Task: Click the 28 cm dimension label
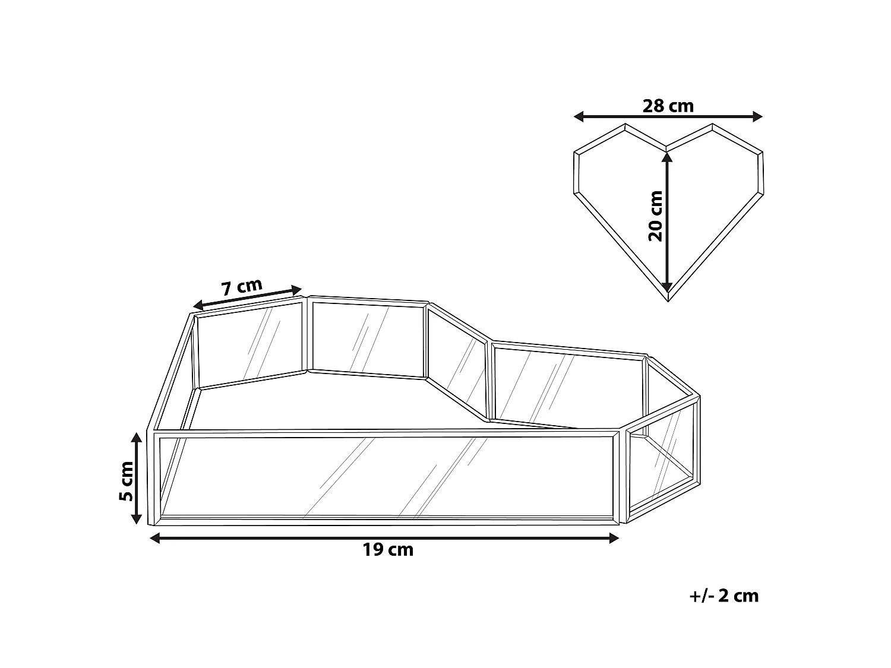pos(668,106)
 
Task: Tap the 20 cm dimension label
pos(655,216)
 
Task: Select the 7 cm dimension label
pos(242,287)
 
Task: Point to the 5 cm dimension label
pos(127,481)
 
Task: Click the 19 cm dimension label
pos(388,550)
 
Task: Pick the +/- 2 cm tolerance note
pos(723,596)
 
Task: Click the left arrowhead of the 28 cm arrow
pos(579,117)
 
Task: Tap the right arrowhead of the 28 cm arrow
pos(757,117)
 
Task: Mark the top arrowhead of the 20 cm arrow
pos(667,157)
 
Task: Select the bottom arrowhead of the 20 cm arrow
pos(667,287)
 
